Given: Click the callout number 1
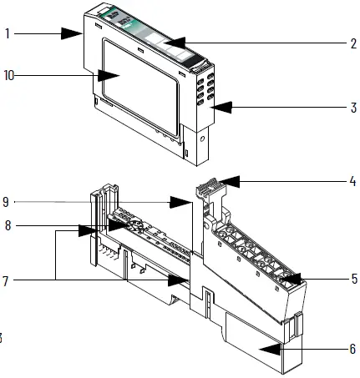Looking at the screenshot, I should pos(8,35).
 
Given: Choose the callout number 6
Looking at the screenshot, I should pos(352,348).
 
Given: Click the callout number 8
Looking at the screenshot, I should pos(8,225).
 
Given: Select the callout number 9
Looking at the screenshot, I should pos(8,201).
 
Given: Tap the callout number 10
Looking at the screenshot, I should pos(9,75).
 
